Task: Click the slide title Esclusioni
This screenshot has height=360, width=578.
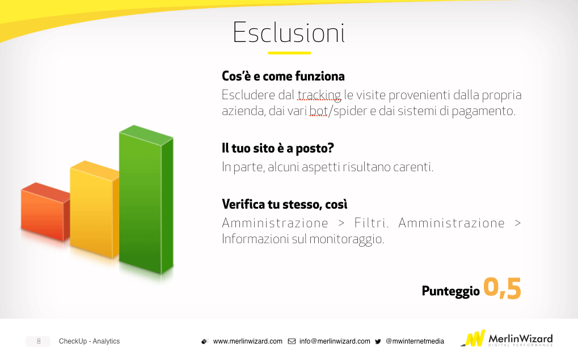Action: point(289,32)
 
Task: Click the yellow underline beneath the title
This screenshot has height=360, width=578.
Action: point(289,53)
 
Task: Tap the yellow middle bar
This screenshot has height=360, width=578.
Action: point(94,209)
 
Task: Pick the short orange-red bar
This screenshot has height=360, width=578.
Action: point(45,211)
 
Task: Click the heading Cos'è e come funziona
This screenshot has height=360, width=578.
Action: point(283,77)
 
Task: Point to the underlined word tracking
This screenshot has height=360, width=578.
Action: point(319,95)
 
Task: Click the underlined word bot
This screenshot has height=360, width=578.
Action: point(318,111)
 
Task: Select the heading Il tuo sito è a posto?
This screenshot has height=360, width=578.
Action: point(277,149)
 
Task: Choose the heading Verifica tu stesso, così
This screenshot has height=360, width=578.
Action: point(285,205)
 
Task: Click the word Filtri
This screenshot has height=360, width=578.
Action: point(372,223)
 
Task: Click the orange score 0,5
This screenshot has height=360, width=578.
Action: point(502,288)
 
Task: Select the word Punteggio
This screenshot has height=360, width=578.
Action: point(451,291)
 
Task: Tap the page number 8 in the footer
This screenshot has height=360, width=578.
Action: point(39,341)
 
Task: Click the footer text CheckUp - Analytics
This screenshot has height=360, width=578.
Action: point(89,341)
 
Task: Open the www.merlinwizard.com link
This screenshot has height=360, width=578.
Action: point(248,341)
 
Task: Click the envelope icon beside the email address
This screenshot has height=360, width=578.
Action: point(292,341)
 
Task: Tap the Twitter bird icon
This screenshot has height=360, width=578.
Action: point(378,342)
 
